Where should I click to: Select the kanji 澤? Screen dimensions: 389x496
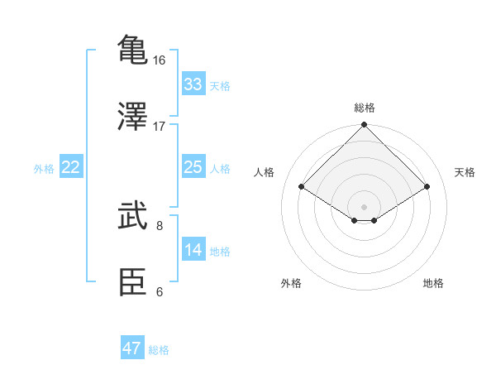tap(133, 116)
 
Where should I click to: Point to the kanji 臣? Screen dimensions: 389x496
tap(133, 282)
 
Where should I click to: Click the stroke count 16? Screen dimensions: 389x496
tap(160, 60)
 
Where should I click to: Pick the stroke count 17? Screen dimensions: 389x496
tap(160, 127)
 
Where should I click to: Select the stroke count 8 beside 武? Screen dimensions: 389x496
tap(160, 225)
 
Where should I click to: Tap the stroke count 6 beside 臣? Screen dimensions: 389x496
tap(160, 291)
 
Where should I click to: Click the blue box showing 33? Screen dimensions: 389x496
tap(193, 84)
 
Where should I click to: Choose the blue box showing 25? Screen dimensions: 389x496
tap(193, 167)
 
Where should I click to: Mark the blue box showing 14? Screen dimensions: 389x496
tap(193, 250)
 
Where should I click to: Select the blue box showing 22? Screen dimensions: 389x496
tap(71, 167)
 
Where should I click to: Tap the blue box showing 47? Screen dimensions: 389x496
tap(132, 348)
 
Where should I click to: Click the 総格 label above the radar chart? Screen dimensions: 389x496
tap(364, 108)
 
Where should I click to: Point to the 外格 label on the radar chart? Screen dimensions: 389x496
tap(291, 284)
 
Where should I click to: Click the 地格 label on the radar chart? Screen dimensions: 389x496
tap(433, 284)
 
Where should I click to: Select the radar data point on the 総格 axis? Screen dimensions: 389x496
tap(364, 127)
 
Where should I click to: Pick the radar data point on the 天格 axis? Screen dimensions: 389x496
tap(427, 187)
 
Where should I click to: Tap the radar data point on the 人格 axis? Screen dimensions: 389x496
tap(302, 187)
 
